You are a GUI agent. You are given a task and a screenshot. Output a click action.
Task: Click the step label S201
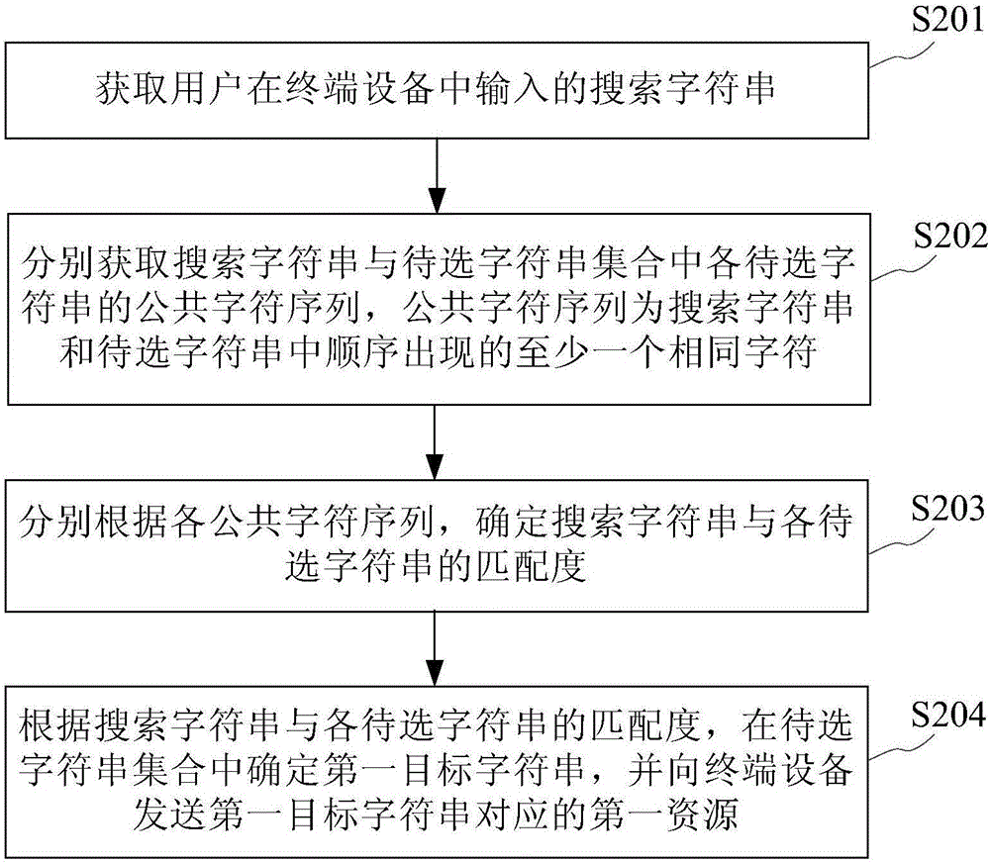point(947,20)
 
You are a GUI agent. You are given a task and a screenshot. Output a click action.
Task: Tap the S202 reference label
point(950,237)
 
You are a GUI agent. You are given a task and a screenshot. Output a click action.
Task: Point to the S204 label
point(947,715)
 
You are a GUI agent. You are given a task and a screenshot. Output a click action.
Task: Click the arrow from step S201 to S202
point(437,175)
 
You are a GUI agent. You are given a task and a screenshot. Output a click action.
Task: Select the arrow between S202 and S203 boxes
point(435,442)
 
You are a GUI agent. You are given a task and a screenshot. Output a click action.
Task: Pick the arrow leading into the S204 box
point(435,648)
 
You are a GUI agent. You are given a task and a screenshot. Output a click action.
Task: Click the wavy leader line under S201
point(902,55)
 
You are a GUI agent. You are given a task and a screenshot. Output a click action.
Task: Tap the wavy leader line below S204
point(902,750)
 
